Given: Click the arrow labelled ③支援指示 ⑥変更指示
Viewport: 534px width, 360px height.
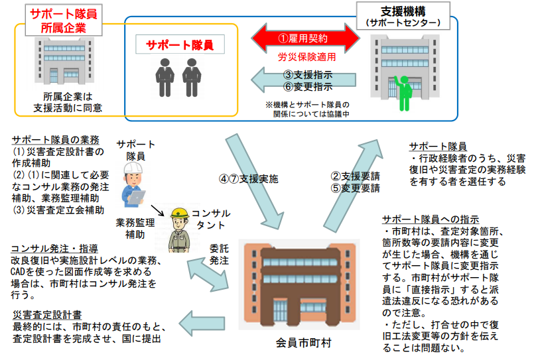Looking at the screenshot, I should pyautogui.click(x=292, y=80).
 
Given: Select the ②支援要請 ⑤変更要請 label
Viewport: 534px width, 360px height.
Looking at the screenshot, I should pyautogui.click(x=356, y=182).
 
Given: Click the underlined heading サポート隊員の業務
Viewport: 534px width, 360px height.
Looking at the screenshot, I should pyautogui.click(x=55, y=140).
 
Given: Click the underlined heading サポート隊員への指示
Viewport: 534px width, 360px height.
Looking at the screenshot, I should pyautogui.click(x=431, y=219).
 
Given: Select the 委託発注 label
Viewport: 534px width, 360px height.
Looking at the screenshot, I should pyautogui.click(x=220, y=255).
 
